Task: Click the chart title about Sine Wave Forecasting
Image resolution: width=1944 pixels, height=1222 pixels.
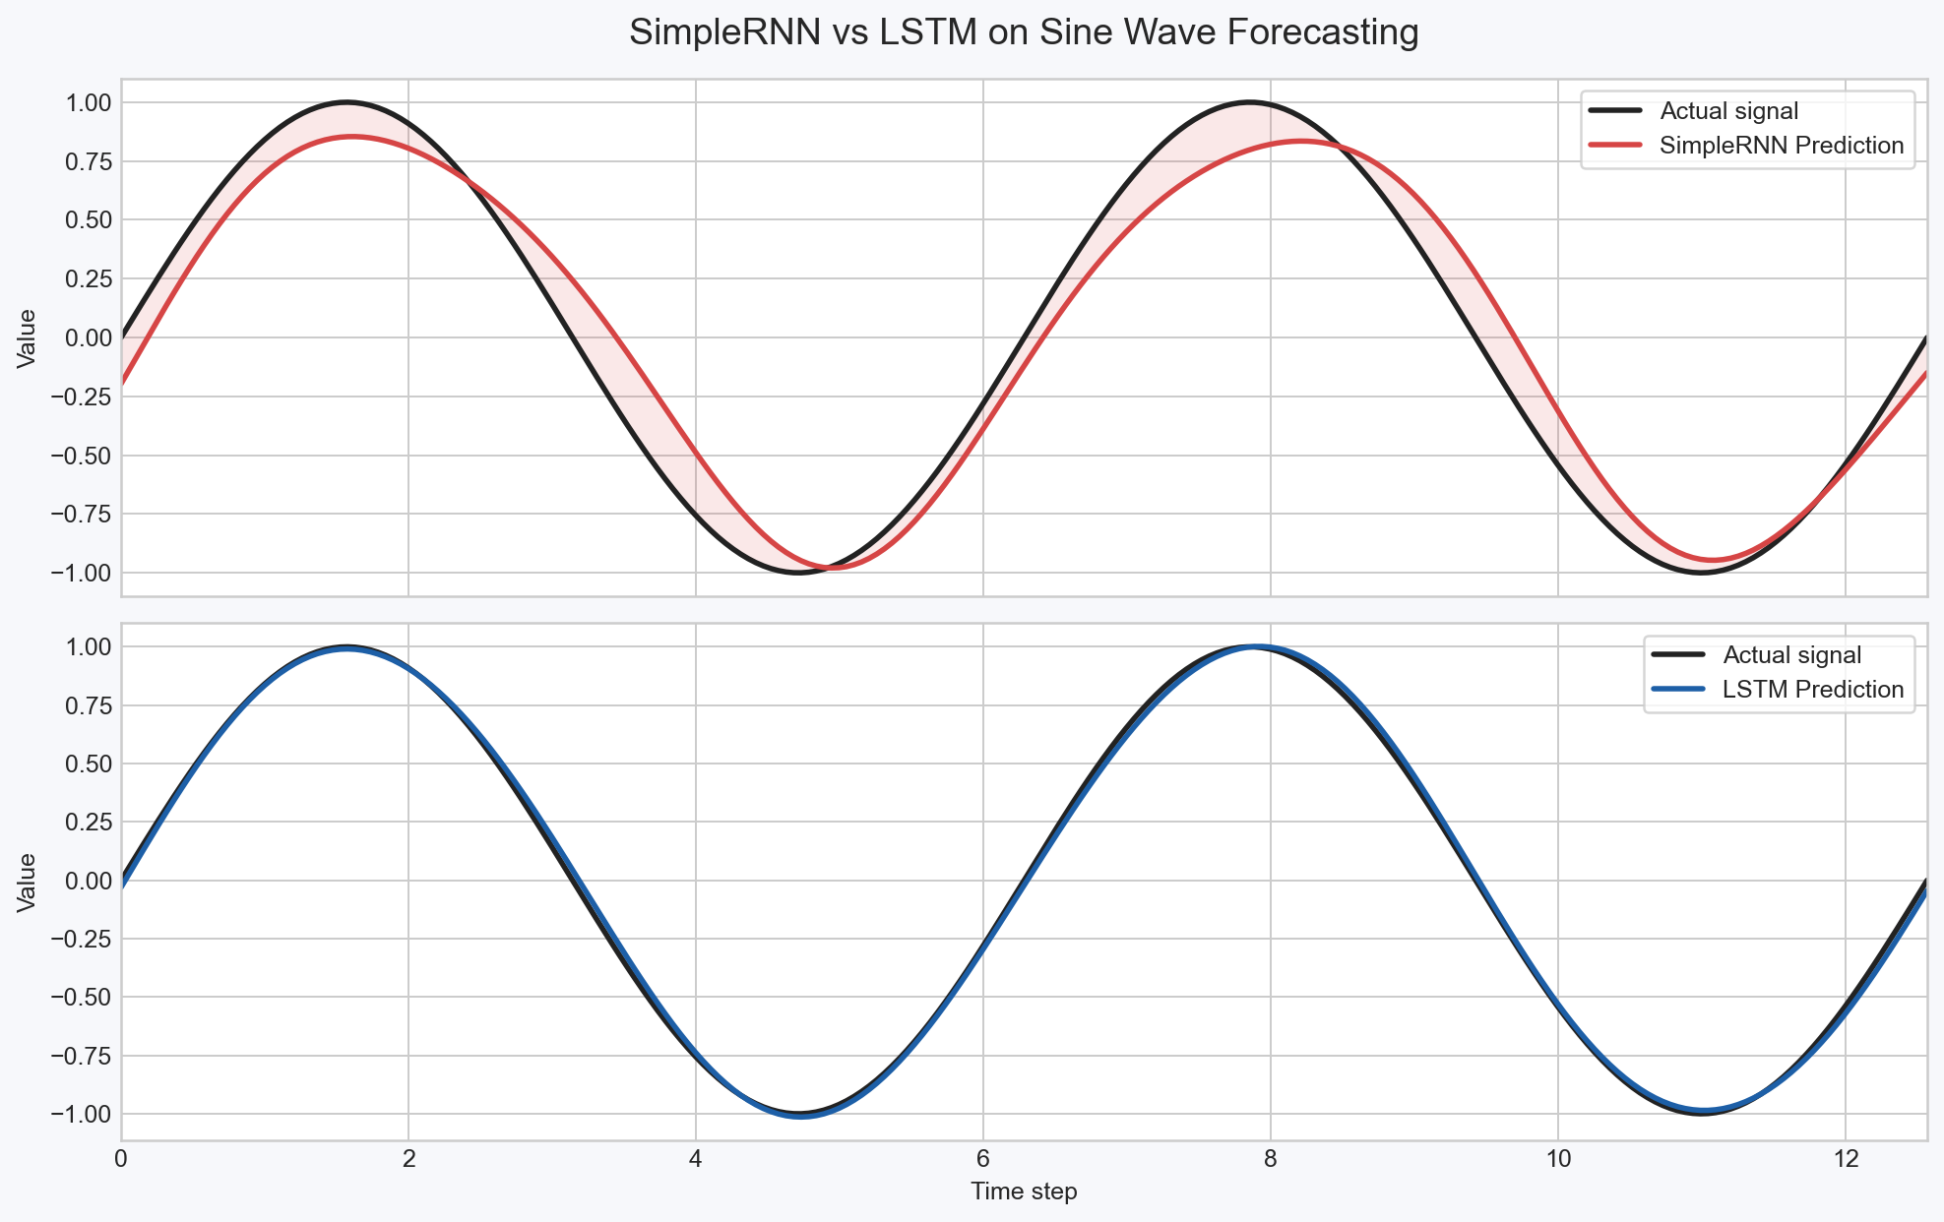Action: point(1024,33)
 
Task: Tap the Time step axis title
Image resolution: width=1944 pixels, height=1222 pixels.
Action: point(1024,1191)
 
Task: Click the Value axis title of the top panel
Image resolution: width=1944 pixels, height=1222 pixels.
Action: point(28,337)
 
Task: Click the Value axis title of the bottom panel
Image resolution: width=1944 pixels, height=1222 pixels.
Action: point(28,882)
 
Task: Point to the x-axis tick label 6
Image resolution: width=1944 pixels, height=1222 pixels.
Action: point(982,1159)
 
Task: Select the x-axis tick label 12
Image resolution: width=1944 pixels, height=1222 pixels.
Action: point(1845,1159)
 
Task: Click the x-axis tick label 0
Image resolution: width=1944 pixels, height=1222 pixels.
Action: point(121,1159)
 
